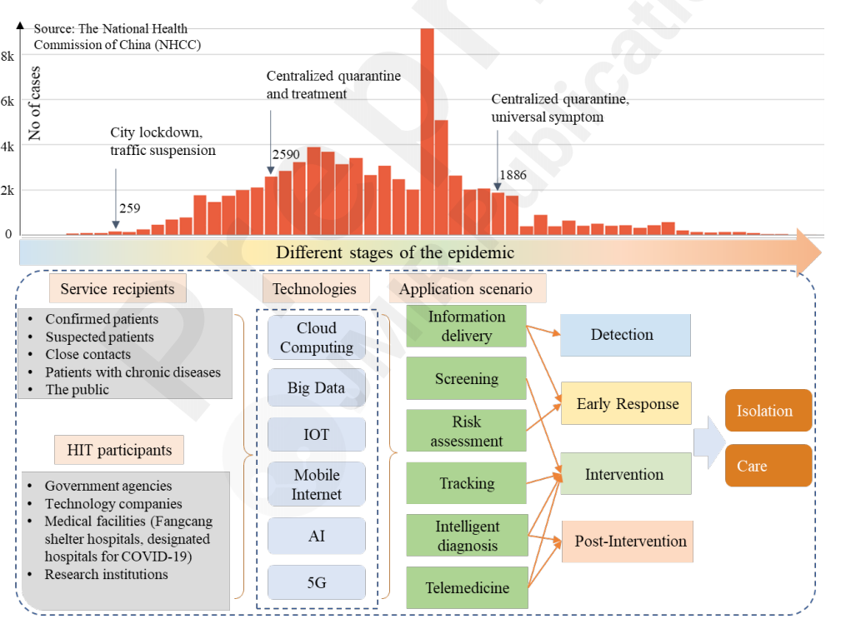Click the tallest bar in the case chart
pyautogui.click(x=427, y=133)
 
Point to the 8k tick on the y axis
pyautogui.click(x=8, y=57)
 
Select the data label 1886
pyautogui.click(x=513, y=175)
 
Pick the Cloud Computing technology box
pyautogui.click(x=317, y=337)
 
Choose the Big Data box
pyautogui.click(x=317, y=387)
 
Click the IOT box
pyautogui.click(x=317, y=434)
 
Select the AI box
pyautogui.click(x=317, y=537)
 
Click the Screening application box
pyautogui.click(x=467, y=379)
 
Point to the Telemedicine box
pyautogui.click(x=467, y=588)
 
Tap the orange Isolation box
pyautogui.click(x=767, y=411)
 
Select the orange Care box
pyautogui.click(x=767, y=466)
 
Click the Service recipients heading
pyautogui.click(x=117, y=289)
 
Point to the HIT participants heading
pyautogui.click(x=119, y=451)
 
